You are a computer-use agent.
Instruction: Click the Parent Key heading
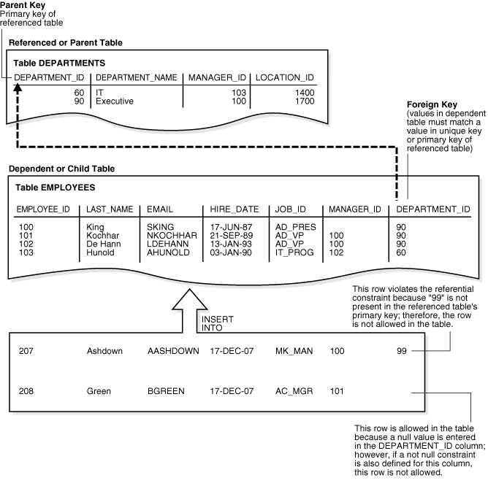[21, 5]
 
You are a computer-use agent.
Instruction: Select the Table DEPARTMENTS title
[60, 63]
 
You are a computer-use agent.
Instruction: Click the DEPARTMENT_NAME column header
[137, 77]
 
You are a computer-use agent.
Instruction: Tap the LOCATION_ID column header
[284, 77]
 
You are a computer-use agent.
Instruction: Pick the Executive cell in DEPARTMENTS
[115, 101]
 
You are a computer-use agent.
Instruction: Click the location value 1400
[305, 93]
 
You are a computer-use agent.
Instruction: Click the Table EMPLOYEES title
[56, 188]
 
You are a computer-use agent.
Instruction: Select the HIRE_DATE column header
[229, 209]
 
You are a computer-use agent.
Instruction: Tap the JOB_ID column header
[290, 209]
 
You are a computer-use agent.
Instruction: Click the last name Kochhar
[103, 236]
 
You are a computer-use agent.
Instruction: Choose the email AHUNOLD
[168, 252]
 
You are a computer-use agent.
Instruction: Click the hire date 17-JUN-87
[231, 227]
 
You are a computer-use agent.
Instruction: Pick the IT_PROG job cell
[294, 252]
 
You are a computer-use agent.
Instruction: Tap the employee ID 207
[26, 351]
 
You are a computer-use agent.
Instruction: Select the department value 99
[401, 351]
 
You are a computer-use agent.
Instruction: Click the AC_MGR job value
[294, 392]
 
